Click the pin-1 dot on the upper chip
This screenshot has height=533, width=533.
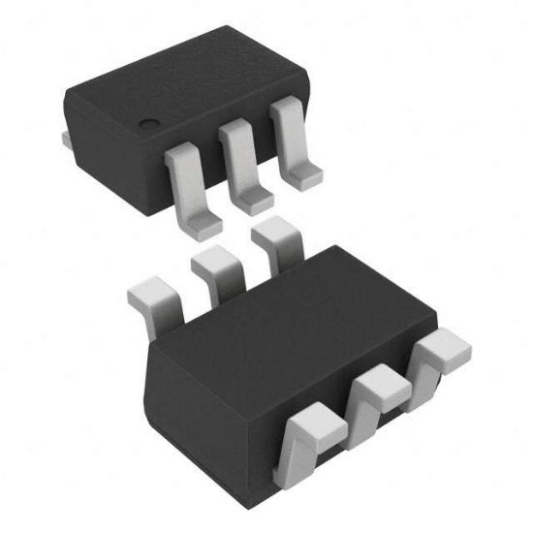click(147, 125)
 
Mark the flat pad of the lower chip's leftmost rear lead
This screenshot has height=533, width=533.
click(150, 289)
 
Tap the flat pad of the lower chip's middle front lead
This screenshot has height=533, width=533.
click(380, 382)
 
